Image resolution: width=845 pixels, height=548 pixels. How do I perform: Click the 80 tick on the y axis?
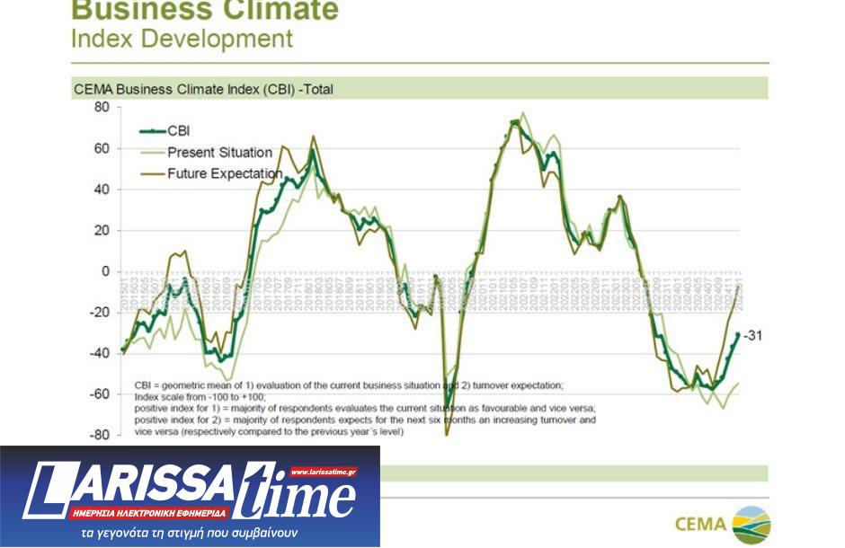click(x=101, y=107)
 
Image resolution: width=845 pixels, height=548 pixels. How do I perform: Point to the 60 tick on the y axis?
click(x=101, y=148)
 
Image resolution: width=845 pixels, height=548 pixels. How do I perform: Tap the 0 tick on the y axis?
click(x=105, y=271)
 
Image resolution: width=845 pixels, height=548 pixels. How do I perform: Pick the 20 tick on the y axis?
click(x=101, y=230)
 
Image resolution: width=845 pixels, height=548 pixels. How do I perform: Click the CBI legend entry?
click(x=179, y=131)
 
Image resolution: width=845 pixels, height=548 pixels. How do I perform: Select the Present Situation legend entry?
click(x=220, y=153)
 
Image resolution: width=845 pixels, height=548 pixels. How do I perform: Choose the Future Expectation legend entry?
click(x=225, y=173)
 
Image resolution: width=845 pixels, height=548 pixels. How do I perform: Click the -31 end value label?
click(x=753, y=335)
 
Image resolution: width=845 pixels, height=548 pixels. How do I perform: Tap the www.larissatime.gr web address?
click(x=323, y=471)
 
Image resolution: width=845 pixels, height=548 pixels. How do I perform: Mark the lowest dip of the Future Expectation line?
click(x=446, y=434)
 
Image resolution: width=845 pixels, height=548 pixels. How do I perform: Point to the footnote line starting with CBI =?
click(x=349, y=385)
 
